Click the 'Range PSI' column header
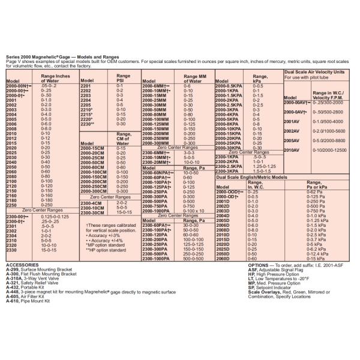pyautogui.click(x=124, y=79)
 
